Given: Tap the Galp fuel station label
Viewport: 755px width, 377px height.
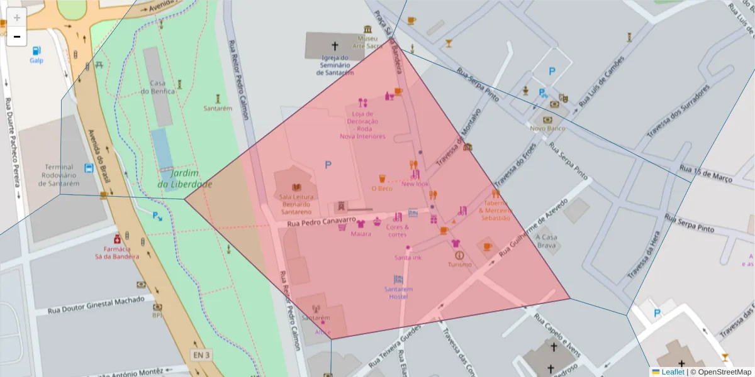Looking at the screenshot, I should point(36,60).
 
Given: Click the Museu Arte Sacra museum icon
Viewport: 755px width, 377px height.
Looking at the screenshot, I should point(367,30).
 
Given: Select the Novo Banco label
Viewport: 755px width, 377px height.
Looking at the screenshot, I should point(547,128).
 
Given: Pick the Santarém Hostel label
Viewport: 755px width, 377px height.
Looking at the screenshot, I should point(398,293).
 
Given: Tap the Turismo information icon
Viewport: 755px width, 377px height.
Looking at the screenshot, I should point(459,256).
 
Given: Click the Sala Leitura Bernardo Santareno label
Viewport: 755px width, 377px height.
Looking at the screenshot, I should point(296,204).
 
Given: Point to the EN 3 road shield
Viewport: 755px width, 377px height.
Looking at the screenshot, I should point(200,355).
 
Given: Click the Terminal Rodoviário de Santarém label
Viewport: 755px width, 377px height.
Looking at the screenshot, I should point(60,175).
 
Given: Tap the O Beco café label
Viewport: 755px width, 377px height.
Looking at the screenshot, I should point(382,188).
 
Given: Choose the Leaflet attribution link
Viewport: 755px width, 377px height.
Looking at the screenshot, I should point(672,372).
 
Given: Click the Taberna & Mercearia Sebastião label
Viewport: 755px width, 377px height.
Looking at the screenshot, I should point(496,210).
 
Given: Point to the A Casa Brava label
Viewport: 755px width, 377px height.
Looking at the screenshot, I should point(546,241).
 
